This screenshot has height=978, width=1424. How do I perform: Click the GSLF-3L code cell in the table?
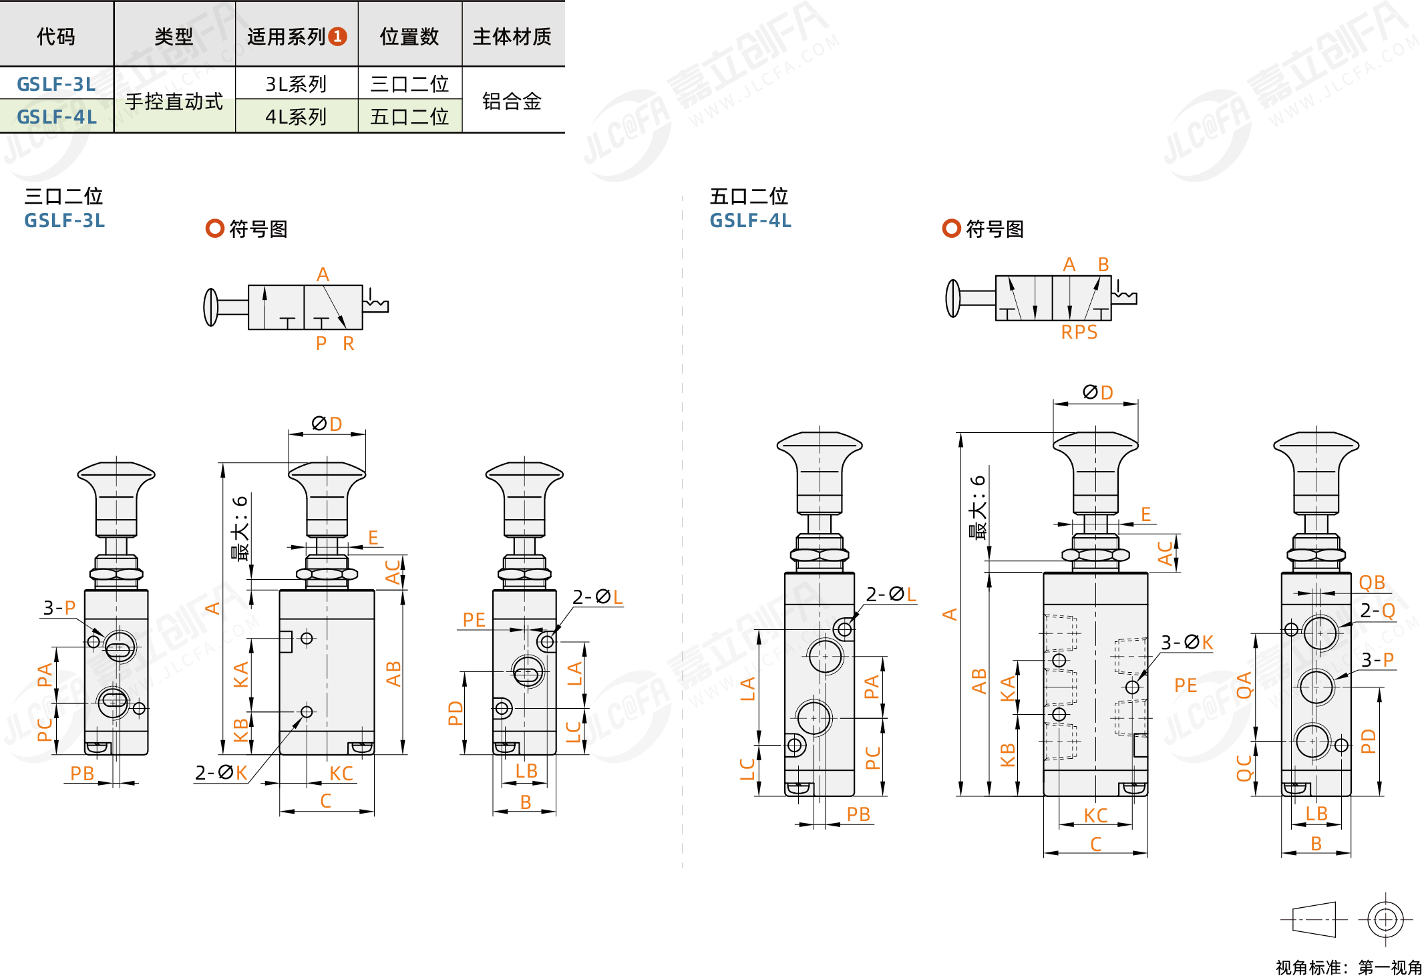(56, 84)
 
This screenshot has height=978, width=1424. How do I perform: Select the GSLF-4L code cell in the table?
(56, 117)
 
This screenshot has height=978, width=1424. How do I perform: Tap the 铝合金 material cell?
(512, 101)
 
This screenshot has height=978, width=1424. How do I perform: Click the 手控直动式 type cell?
(174, 101)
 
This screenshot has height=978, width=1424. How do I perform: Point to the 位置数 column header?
(409, 37)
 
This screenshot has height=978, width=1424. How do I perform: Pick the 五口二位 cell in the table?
(409, 117)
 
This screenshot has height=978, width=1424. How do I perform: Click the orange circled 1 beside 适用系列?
(338, 36)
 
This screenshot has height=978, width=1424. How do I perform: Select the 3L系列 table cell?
(295, 84)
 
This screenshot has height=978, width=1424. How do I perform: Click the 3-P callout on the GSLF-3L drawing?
(59, 608)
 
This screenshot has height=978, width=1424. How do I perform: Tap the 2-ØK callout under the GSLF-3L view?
(221, 773)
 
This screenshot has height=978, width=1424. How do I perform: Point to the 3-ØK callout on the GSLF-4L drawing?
(1186, 643)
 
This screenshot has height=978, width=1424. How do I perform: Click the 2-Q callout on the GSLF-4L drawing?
(1377, 611)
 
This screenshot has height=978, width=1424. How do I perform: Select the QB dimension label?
(1372, 583)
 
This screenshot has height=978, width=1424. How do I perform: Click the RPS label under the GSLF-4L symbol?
(1079, 332)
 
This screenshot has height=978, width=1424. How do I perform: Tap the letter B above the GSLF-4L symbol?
(1103, 265)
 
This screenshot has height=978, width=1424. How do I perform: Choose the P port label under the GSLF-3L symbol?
(321, 343)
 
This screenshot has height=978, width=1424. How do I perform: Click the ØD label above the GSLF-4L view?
(1097, 393)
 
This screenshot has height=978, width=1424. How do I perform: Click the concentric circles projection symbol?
(1385, 920)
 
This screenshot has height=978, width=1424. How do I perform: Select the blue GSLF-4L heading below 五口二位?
(750, 220)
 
